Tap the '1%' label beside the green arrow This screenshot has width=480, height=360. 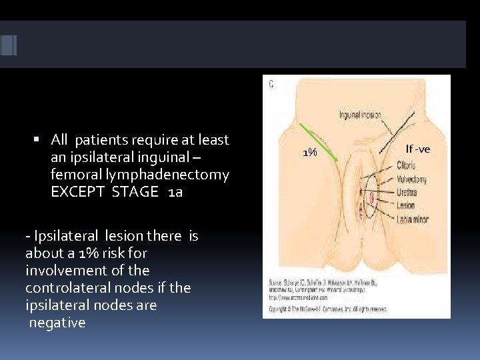coord(309,153)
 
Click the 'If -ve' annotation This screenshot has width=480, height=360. coord(418,149)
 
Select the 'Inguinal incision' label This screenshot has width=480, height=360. coord(360,115)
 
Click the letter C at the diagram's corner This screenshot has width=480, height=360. coord(271,84)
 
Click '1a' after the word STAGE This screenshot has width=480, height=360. coord(175,192)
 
